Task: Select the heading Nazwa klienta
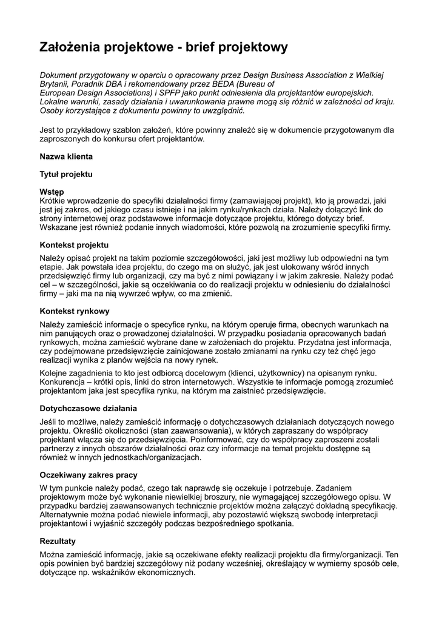(x=66, y=156)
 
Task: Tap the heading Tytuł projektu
(x=66, y=174)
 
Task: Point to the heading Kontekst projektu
(x=74, y=245)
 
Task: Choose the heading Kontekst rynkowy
(x=74, y=310)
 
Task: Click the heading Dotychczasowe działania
(x=89, y=408)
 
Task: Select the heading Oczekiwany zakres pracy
(x=89, y=475)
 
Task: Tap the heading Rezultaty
(x=58, y=540)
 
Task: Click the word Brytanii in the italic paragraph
(x=56, y=84)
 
